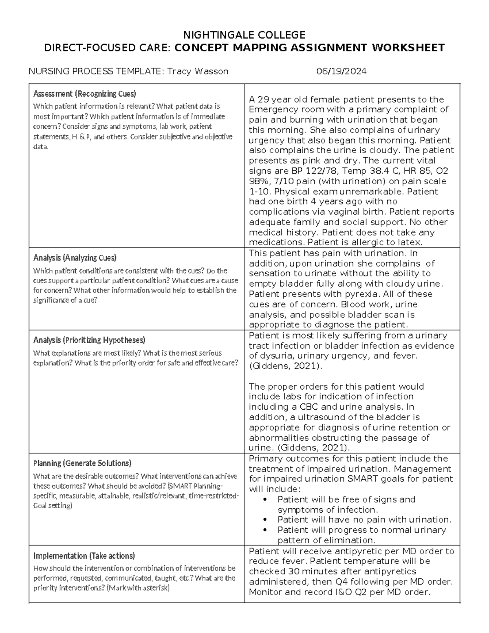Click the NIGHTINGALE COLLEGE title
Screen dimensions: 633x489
coord(244,35)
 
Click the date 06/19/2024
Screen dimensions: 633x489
coord(341,71)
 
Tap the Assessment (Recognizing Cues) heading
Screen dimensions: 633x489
coord(84,94)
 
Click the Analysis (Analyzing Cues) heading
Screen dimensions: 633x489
coord(75,258)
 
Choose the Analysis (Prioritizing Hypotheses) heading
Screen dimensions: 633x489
coord(89,340)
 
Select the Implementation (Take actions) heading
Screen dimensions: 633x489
coord(84,556)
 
